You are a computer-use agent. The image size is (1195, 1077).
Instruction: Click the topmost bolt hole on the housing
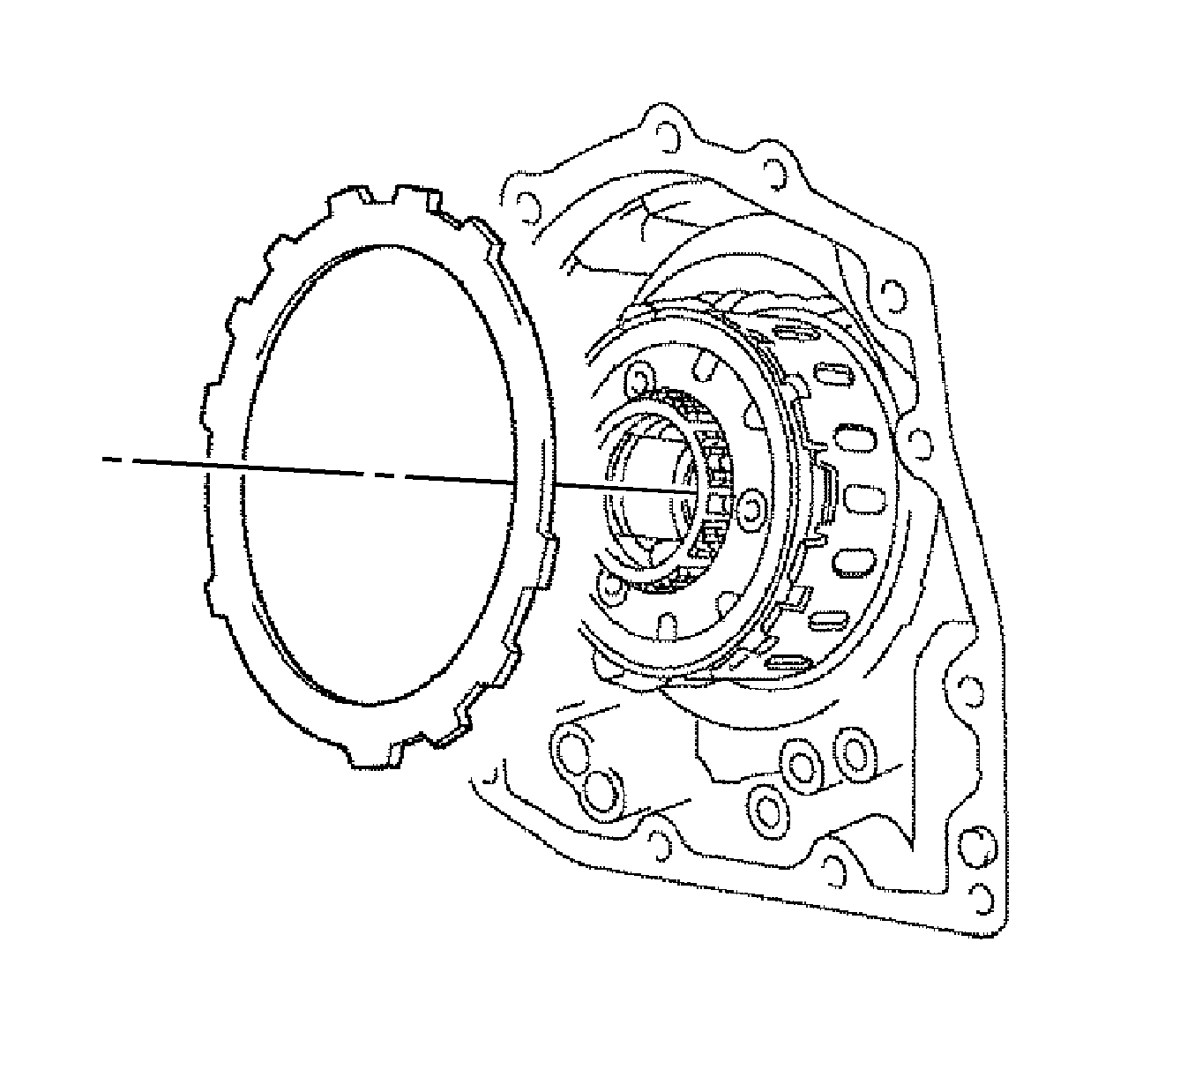coord(667,130)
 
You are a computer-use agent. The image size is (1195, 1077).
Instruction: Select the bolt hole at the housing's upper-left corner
coord(527,209)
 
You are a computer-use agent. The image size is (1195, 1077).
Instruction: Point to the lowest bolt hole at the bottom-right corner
coord(982,897)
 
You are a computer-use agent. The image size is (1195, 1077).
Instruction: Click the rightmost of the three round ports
coord(853,752)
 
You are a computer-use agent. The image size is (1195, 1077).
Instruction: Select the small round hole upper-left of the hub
coord(636,380)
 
